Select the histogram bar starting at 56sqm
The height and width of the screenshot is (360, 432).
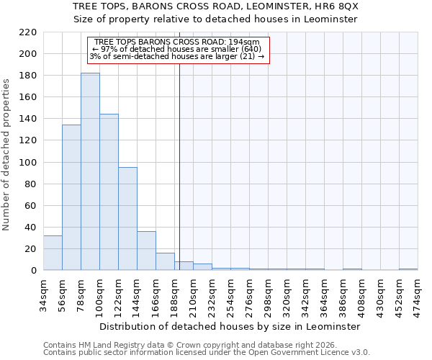pyautogui.click(x=71, y=197)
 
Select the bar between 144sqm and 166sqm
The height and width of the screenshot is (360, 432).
pyautogui.click(x=146, y=251)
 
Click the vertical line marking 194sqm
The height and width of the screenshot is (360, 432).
pyautogui.click(x=179, y=158)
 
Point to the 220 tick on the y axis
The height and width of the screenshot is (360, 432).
pyautogui.click(x=28, y=32)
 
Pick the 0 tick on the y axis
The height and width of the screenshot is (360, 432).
pyautogui.click(x=34, y=270)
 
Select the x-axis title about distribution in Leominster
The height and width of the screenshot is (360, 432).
pyautogui.click(x=229, y=326)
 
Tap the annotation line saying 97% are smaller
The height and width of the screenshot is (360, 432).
pyautogui.click(x=177, y=49)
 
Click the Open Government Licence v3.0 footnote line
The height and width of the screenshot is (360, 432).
pyautogui.click(x=207, y=353)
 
